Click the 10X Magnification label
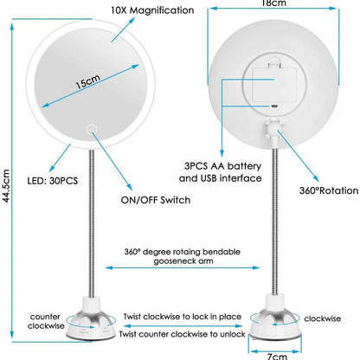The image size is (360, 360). pyautogui.click(x=152, y=10)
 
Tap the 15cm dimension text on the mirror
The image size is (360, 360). pyautogui.click(x=88, y=81)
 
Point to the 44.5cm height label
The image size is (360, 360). pyautogui.click(x=6, y=186)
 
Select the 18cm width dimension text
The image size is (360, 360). pyautogui.click(x=273, y=3)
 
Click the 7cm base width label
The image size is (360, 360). pyautogui.click(x=277, y=357)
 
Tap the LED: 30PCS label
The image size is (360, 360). pyautogui.click(x=53, y=181)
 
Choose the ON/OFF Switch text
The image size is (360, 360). pyautogui.click(x=156, y=200)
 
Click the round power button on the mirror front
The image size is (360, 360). pyautogui.click(x=93, y=128)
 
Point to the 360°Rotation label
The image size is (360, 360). pyautogui.click(x=329, y=190)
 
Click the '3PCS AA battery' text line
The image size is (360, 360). pyautogui.click(x=222, y=166)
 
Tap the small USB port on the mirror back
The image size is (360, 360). pyautogui.click(x=273, y=106)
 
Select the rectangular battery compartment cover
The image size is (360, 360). pyautogui.click(x=274, y=84)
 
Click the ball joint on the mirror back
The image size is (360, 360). pyautogui.click(x=273, y=125)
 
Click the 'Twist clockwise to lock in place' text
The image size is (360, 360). pyautogui.click(x=183, y=317)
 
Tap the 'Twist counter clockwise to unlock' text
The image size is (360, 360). pyautogui.click(x=183, y=334)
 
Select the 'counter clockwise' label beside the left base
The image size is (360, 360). pyautogui.click(x=46, y=321)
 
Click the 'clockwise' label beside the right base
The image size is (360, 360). pyautogui.click(x=323, y=318)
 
